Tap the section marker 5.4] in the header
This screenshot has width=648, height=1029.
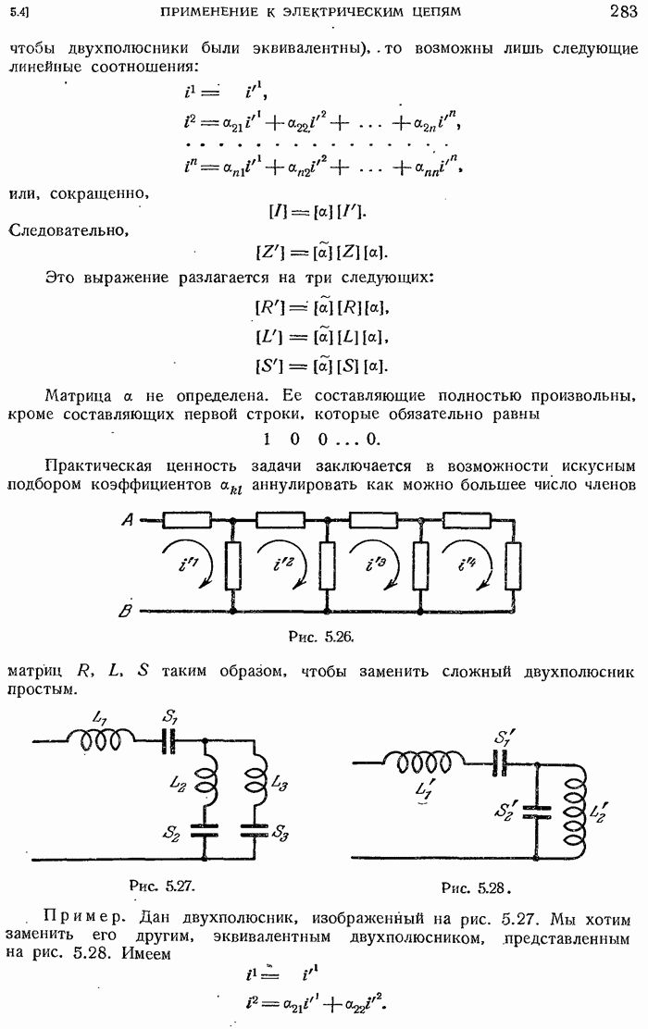tap(19, 13)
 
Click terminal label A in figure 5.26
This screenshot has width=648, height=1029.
tap(126, 522)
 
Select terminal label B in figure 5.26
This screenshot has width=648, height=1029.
tap(125, 611)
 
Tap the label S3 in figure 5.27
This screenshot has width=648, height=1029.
tap(280, 836)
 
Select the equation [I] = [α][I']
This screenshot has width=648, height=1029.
tap(318, 212)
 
